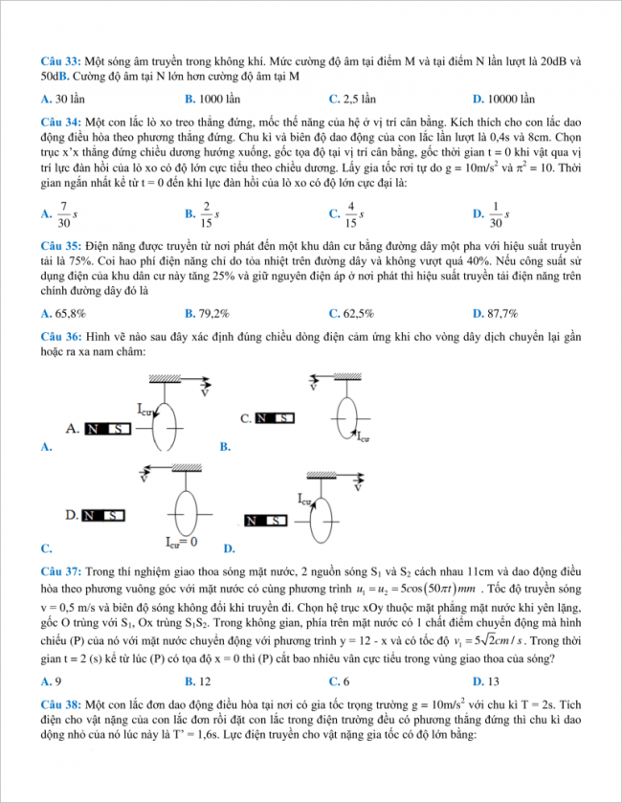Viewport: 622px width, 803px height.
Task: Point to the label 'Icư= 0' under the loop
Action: pyautogui.click(x=181, y=542)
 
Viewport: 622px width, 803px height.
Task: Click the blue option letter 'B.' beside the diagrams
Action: pyautogui.click(x=225, y=446)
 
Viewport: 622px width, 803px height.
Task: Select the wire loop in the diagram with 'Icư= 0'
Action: pyautogui.click(x=182, y=504)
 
